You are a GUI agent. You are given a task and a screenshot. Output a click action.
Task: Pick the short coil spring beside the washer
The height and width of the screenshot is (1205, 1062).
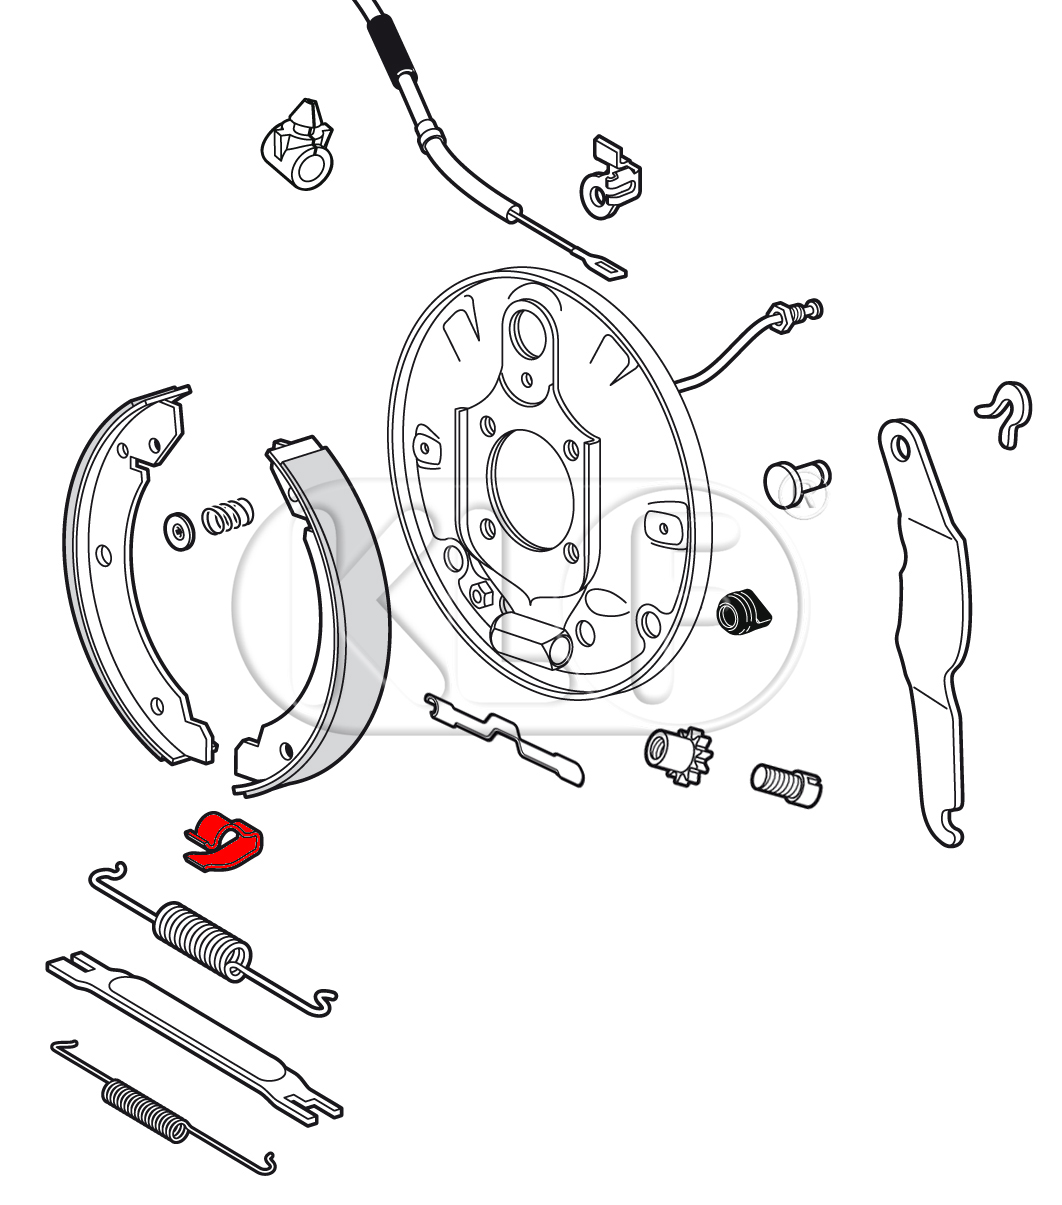[227, 515]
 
